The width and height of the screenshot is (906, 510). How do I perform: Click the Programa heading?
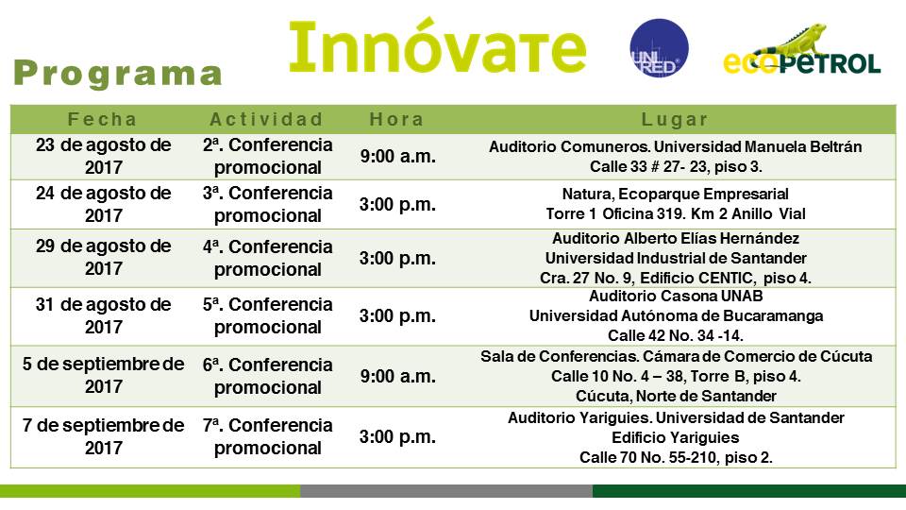tap(118, 74)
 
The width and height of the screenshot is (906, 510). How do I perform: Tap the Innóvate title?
tap(437, 46)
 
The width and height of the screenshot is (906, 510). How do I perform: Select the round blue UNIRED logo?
tap(659, 48)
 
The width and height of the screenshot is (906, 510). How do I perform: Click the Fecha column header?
tap(102, 119)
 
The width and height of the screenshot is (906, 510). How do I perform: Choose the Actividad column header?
tap(266, 119)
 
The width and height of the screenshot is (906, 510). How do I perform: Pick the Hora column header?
tap(397, 119)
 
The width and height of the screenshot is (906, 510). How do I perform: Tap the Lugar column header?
tap(675, 119)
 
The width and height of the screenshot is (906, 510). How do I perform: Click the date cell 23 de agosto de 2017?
tap(104, 156)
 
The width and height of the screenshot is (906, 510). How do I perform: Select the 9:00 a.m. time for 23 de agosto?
tap(397, 156)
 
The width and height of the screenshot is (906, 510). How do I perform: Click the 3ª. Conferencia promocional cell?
tap(267, 204)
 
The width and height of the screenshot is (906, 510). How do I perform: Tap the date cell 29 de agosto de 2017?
tap(104, 257)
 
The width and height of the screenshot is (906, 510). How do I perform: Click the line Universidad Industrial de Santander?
tap(676, 258)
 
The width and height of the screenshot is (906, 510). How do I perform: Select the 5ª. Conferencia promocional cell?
tap(267, 315)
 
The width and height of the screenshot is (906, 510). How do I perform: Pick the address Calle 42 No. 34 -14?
tap(676, 335)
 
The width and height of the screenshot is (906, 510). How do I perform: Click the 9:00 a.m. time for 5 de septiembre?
tap(397, 377)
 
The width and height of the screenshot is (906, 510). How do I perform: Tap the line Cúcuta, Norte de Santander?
tap(676, 396)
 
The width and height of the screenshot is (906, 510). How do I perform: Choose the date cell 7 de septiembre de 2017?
tap(104, 436)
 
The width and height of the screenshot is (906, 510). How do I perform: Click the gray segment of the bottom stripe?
tap(446, 491)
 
